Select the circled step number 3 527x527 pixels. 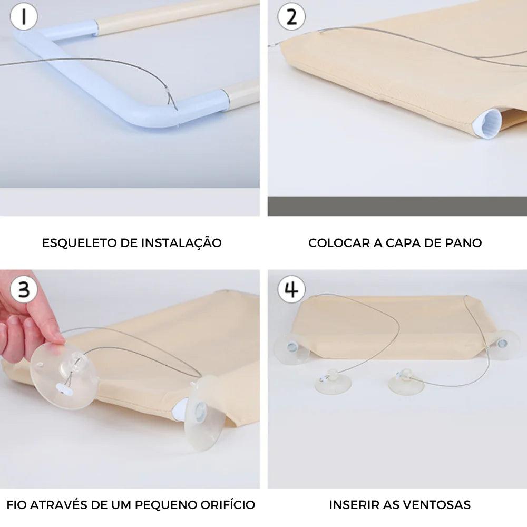24,289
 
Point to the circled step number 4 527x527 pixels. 291,289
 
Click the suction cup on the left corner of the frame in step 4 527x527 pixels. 291,348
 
